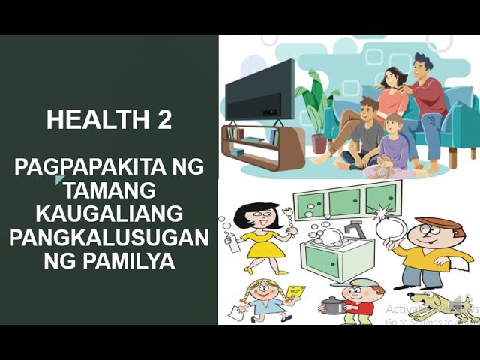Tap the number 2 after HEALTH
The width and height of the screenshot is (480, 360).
tap(164, 119)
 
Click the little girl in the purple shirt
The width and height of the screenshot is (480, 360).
tap(394, 150)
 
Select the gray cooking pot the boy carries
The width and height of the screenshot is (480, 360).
tap(332, 304)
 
